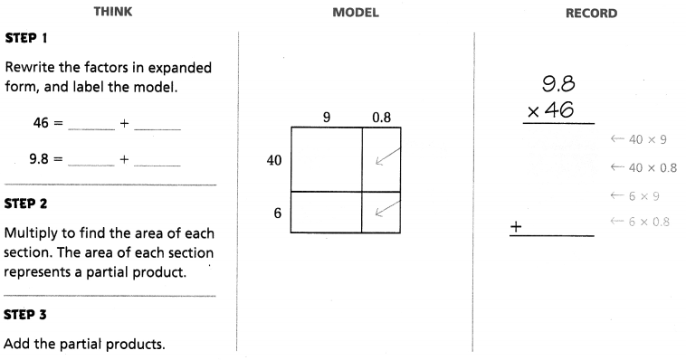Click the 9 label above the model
[326, 117]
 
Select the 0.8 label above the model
[381, 117]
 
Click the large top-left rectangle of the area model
[326, 159]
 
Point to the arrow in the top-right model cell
[384, 158]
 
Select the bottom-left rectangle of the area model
[326, 213]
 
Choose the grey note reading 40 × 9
[639, 138]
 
